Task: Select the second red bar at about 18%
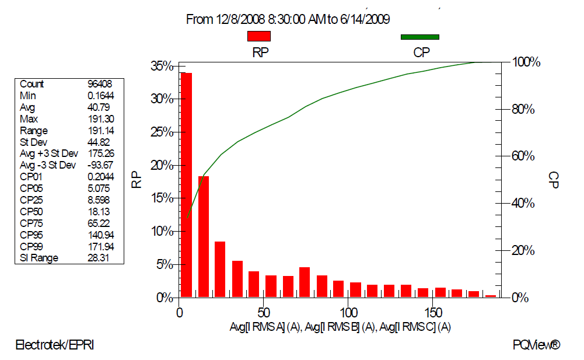click(204, 236)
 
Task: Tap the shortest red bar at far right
click(491, 296)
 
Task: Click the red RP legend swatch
click(259, 36)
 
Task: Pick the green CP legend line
click(419, 37)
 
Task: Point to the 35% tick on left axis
click(177, 66)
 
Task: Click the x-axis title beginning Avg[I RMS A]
click(340, 327)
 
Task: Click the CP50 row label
click(32, 211)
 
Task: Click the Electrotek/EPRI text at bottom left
click(54, 345)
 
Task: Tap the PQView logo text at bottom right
click(536, 345)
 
